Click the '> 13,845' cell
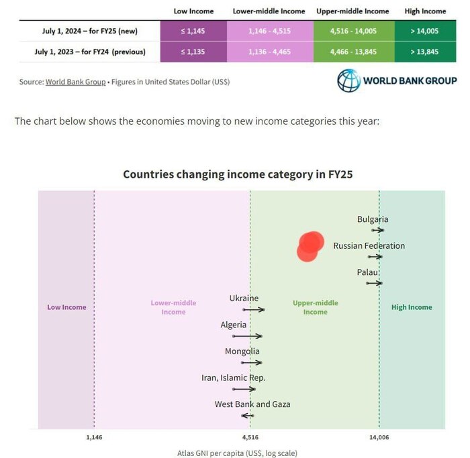point(425,51)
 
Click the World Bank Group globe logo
point(348,81)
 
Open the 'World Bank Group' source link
point(75,82)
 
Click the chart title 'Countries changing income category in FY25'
point(238,174)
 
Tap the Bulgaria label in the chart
point(373,219)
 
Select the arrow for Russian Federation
point(375,256)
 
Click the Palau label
point(368,272)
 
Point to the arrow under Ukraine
point(254,309)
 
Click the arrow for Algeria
point(247,336)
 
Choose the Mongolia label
point(242,351)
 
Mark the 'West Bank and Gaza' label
point(252,404)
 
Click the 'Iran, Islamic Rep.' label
point(234,378)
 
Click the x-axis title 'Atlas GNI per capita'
point(237,453)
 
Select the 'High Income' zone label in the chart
point(412,307)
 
